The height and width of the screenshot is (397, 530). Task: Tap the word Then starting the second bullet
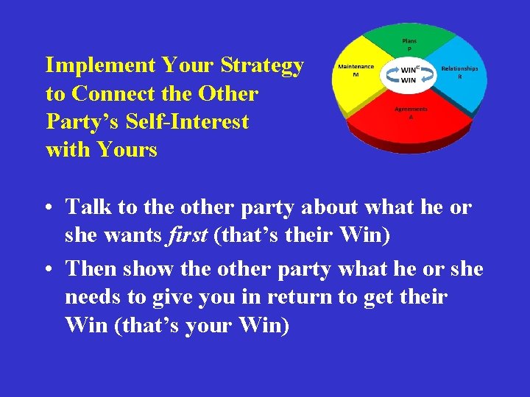(92, 269)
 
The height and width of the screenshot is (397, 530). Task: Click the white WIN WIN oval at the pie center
(409, 74)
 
